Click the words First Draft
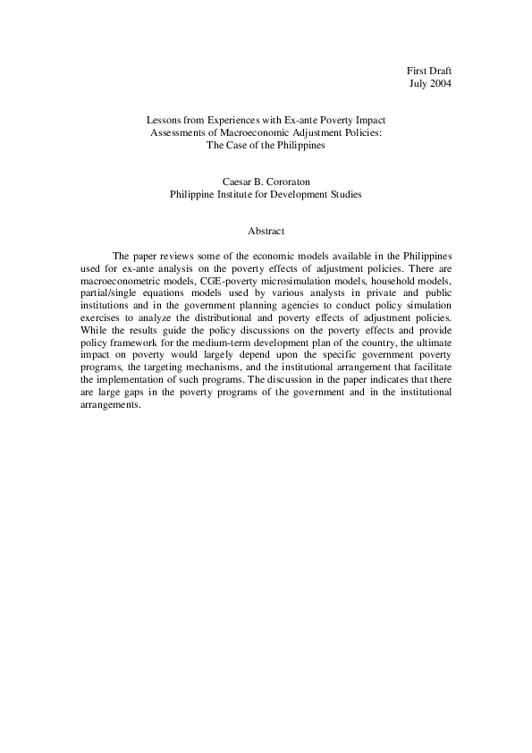[429, 70]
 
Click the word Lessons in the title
[164, 119]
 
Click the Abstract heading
[265, 231]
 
